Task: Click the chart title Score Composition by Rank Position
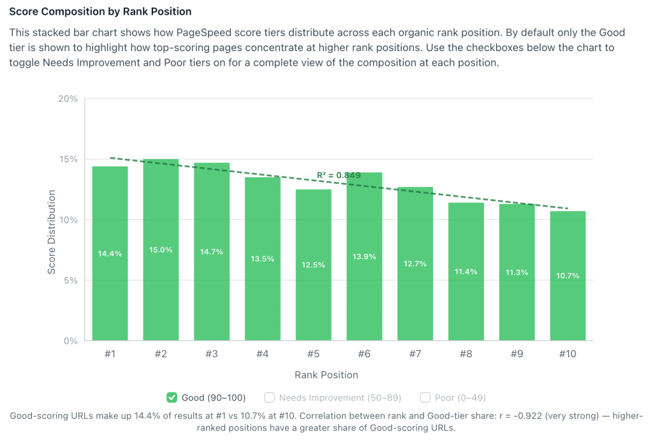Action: point(100,12)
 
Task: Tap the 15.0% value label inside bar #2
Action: point(161,250)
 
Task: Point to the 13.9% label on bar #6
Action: point(364,256)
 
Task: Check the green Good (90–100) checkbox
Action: point(172,397)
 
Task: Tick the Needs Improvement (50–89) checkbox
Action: point(269,397)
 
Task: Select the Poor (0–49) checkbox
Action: point(425,397)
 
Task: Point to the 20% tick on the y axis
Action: point(68,99)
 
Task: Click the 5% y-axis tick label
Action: point(70,280)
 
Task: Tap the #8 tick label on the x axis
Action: point(466,354)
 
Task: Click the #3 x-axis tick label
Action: point(212,354)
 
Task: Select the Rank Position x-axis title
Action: point(326,374)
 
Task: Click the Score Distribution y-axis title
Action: point(52,232)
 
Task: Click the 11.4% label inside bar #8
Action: point(466,271)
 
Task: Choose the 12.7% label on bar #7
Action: point(415,263)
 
